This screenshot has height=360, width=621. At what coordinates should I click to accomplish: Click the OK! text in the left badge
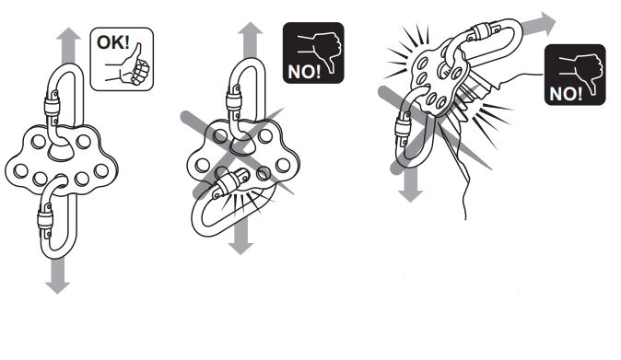click(x=113, y=41)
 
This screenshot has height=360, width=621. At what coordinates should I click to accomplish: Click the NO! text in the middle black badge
click(x=304, y=72)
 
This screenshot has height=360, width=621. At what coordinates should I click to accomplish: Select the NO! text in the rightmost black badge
click(x=566, y=94)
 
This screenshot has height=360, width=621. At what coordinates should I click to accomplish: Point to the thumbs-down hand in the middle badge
click(x=321, y=51)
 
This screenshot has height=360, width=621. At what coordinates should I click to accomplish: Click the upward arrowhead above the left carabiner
click(x=68, y=34)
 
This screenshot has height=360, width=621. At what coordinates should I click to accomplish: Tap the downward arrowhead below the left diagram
click(x=58, y=287)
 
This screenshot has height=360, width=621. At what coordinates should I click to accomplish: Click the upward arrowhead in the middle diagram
click(x=251, y=29)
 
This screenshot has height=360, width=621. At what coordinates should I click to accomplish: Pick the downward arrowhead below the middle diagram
click(x=240, y=248)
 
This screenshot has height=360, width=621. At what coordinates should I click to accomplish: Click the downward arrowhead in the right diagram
click(x=411, y=196)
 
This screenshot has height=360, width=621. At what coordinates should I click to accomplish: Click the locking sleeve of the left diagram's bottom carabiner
click(x=45, y=219)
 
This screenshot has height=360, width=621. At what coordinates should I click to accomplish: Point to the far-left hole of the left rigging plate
click(x=21, y=170)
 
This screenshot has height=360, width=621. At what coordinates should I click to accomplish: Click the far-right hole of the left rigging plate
click(x=101, y=170)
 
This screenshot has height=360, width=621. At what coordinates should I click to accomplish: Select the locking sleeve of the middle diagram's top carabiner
click(x=234, y=101)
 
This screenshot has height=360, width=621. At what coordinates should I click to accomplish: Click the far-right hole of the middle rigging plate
click(x=283, y=165)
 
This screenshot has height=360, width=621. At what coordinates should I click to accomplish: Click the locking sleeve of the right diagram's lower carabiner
click(x=403, y=129)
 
